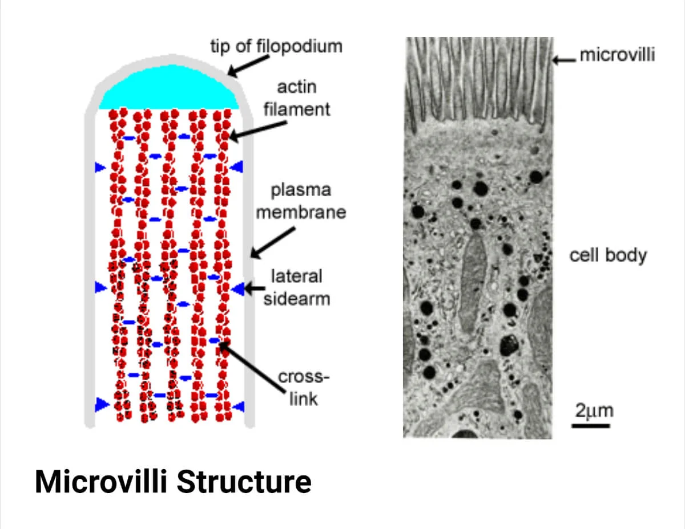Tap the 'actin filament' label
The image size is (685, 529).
[x=296, y=99]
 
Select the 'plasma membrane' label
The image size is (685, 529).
[x=301, y=201]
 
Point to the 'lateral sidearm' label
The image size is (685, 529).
[x=297, y=288]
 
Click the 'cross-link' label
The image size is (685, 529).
[x=304, y=387]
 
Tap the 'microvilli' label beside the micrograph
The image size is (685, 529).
[x=617, y=55]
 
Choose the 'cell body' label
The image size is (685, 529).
[x=608, y=255]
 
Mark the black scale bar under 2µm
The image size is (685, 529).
[x=591, y=425]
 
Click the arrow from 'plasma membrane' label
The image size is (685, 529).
[x=273, y=242]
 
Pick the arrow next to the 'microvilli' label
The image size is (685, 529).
[x=565, y=57]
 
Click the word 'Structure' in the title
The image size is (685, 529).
[x=244, y=482]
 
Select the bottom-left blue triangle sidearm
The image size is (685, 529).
[x=101, y=404]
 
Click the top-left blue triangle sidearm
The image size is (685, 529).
[x=100, y=167]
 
